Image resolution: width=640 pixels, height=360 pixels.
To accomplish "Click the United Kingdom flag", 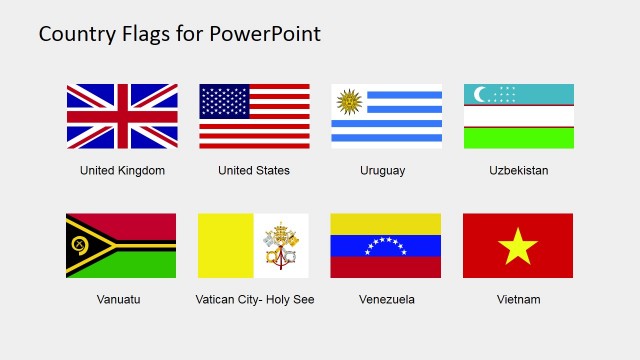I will [122, 116].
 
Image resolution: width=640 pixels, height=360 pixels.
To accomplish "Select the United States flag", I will [254, 116].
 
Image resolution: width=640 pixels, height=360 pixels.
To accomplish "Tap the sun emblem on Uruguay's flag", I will [349, 101].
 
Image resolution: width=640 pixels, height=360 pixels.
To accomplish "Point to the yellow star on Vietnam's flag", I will [518, 246].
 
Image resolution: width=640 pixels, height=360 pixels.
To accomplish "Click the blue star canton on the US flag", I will [225, 101].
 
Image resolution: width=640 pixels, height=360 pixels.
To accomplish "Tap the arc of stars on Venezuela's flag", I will [385, 244].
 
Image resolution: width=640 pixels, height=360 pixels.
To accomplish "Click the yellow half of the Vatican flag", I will [226, 246].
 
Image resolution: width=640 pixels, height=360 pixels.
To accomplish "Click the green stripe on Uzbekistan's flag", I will [518, 138].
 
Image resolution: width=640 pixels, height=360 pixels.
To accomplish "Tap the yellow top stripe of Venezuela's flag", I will [385, 223].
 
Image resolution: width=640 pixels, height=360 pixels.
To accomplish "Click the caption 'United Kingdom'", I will [122, 171].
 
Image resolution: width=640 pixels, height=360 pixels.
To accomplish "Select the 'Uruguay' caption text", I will [383, 171].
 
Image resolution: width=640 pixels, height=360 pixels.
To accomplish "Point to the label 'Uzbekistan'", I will [518, 171].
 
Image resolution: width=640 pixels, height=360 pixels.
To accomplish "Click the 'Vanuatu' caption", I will [119, 299].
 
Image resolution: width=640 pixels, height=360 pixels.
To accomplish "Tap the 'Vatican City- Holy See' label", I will [255, 299].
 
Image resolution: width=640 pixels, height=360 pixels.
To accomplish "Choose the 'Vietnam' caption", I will [518, 299].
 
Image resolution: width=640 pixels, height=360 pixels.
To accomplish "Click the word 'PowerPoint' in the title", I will [265, 34].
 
